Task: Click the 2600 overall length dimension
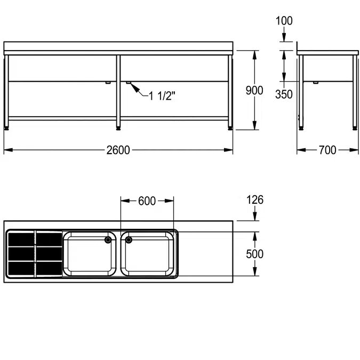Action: [118, 150]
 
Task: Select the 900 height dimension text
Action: [254, 90]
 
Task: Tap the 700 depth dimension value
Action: [327, 150]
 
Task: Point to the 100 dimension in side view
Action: [284, 21]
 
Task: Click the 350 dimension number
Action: [284, 94]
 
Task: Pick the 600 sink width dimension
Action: [147, 201]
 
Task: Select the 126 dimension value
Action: [255, 200]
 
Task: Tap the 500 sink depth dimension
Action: [254, 254]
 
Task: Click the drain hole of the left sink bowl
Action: [109, 240]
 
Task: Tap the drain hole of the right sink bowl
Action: [129, 240]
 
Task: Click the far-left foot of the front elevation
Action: [7, 127]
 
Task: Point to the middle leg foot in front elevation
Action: [118, 127]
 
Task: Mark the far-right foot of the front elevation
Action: [230, 127]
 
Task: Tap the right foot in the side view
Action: [355, 127]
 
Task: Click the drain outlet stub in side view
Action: [315, 83]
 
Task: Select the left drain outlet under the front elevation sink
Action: [108, 83]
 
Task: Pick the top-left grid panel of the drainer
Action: [21, 238]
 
